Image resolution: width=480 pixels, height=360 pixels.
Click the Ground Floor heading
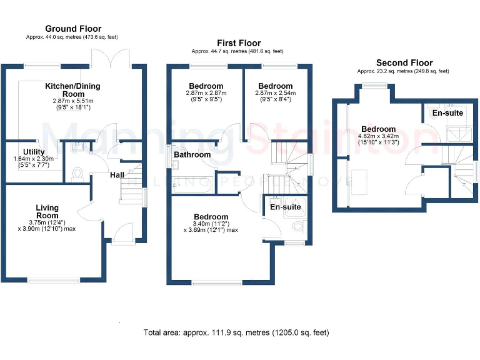tap(73, 29)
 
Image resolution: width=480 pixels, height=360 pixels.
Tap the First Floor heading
tap(237, 42)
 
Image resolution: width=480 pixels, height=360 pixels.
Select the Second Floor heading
tap(404, 62)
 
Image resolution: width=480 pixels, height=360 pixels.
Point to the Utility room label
tap(33, 152)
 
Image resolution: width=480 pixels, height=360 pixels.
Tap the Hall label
tap(117, 175)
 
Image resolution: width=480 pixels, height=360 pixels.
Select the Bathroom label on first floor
tap(192, 154)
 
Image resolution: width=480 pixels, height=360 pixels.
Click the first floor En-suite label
tap(286, 207)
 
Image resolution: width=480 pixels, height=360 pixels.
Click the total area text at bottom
tap(236, 332)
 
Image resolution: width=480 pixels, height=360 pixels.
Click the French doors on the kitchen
tap(110, 59)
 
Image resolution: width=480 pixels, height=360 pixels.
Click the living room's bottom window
tap(54, 280)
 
